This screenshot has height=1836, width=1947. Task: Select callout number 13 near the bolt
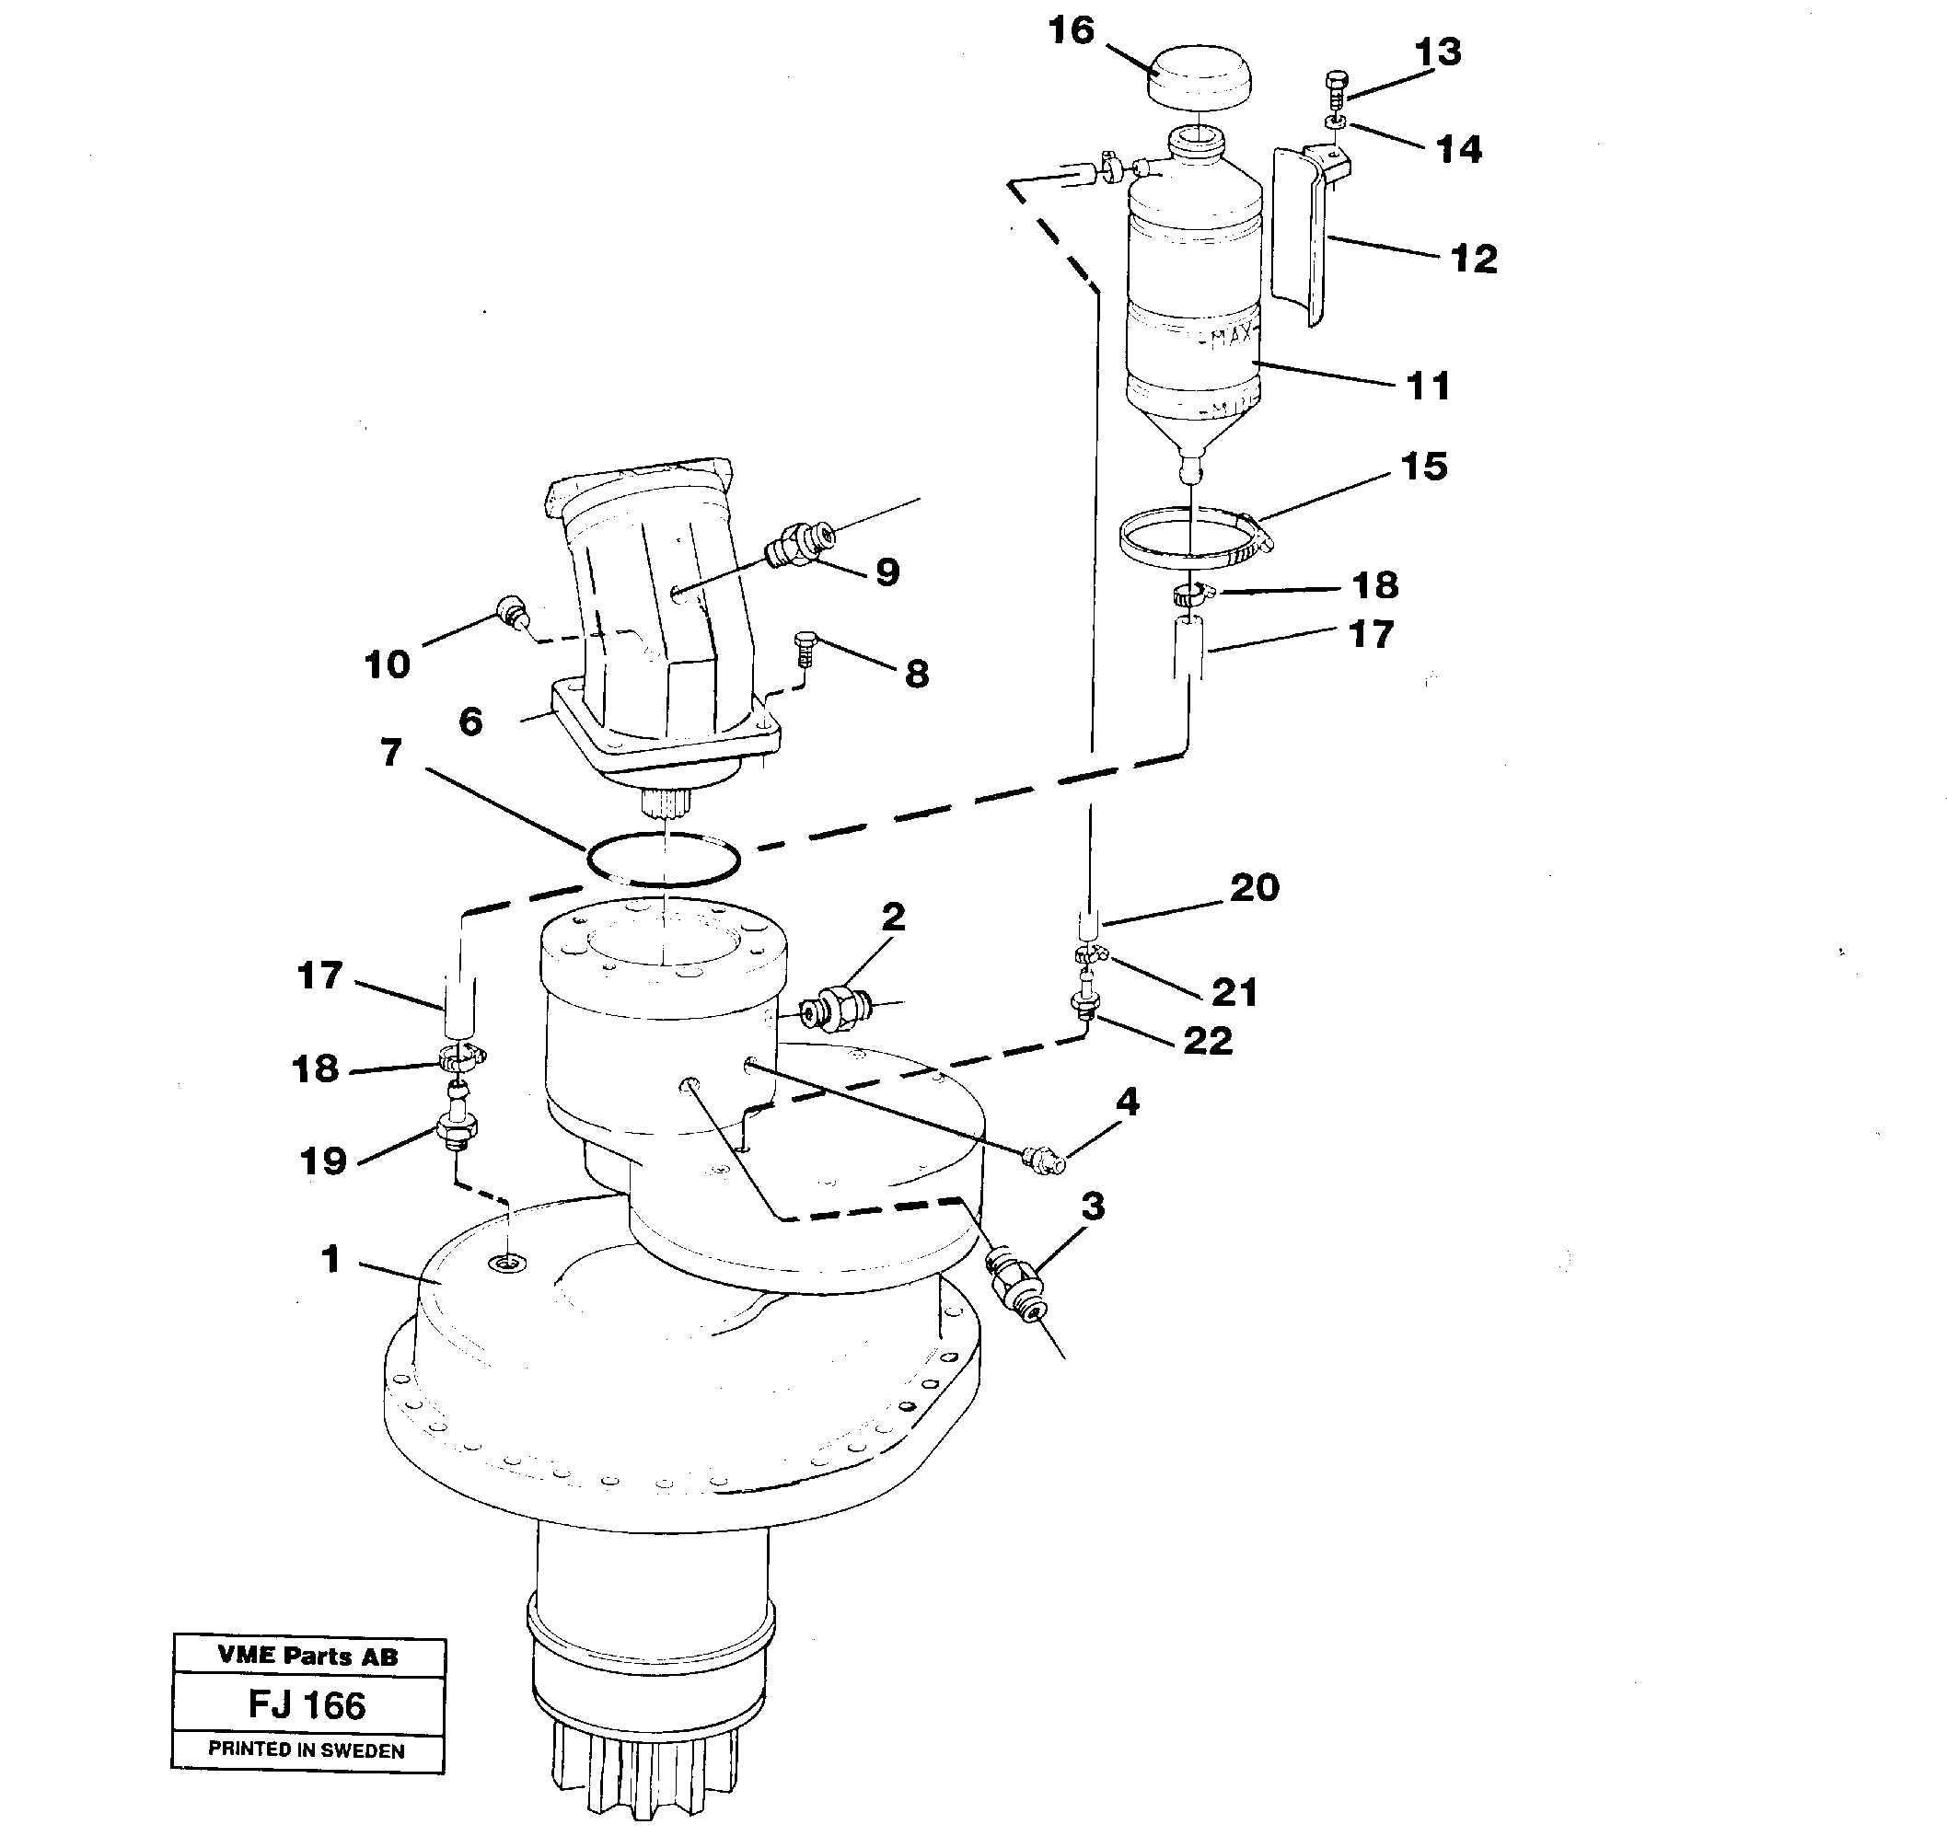pyautogui.click(x=1438, y=52)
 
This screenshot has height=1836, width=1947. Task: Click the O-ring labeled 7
pyautogui.click(x=663, y=860)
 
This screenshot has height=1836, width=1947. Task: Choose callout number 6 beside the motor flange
pyautogui.click(x=471, y=722)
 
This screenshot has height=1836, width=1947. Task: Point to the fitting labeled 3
pyautogui.click(x=1014, y=1282)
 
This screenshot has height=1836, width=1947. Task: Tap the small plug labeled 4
pyautogui.click(x=1042, y=1161)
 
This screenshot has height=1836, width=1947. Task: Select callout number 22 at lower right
pyautogui.click(x=1207, y=1040)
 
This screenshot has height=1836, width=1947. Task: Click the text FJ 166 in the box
pyautogui.click(x=307, y=1704)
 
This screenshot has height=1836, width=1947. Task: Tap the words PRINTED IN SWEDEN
pyautogui.click(x=307, y=1750)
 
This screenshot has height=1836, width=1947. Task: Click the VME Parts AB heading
pyautogui.click(x=307, y=1657)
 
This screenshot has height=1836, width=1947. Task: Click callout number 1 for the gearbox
pyautogui.click(x=331, y=1259)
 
